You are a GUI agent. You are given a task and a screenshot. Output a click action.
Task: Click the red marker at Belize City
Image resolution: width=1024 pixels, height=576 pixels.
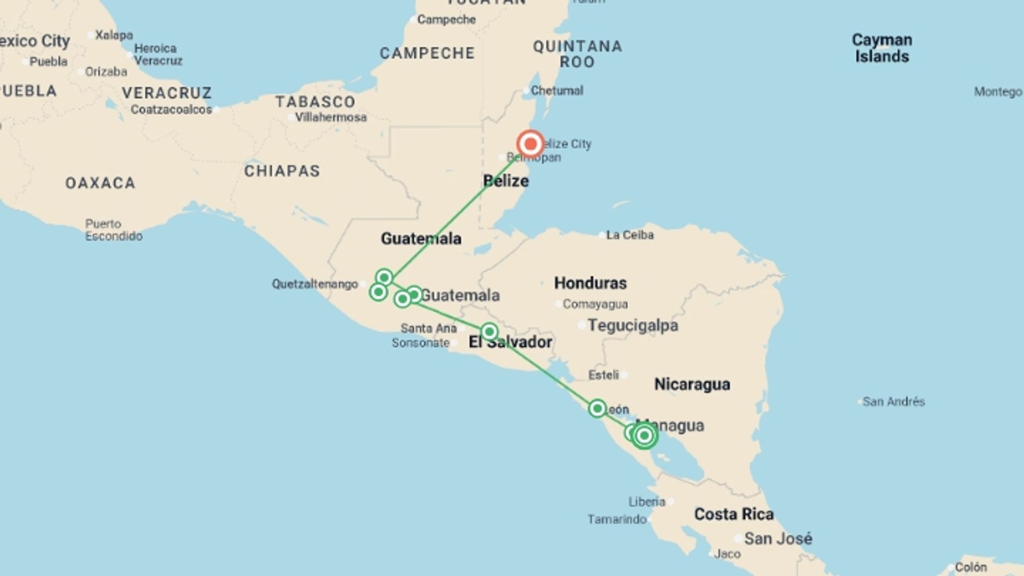click(x=530, y=144)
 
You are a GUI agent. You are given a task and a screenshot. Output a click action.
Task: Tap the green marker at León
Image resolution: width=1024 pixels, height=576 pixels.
click(x=597, y=409)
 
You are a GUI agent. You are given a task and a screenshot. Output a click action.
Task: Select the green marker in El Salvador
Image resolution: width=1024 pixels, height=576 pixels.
click(x=489, y=332)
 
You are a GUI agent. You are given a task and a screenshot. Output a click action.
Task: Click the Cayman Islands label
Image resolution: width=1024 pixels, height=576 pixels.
click(x=882, y=48)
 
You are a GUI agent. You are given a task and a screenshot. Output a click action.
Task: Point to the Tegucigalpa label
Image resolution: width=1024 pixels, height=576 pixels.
click(x=633, y=325)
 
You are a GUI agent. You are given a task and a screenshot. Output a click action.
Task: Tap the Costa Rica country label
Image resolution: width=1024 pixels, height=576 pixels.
click(x=733, y=514)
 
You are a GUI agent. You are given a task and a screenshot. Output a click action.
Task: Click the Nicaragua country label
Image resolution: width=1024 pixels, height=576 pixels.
click(x=692, y=384)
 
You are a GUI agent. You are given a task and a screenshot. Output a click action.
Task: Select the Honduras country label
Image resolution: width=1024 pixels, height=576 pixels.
click(x=590, y=283)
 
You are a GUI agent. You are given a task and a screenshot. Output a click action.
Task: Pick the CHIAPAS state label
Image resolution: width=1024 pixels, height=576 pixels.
click(x=282, y=171)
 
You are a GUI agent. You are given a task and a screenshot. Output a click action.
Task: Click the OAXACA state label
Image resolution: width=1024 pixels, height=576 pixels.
click(x=100, y=183)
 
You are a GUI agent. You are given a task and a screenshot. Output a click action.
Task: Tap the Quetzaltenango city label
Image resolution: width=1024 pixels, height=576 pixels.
click(x=315, y=284)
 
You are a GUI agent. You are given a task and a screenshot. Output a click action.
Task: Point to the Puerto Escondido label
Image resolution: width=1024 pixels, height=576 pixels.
click(x=114, y=230)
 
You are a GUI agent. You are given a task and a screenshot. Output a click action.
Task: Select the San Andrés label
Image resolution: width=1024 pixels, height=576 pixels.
click(x=893, y=402)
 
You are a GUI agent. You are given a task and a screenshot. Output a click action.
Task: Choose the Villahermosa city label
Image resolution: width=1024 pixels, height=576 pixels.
click(x=331, y=117)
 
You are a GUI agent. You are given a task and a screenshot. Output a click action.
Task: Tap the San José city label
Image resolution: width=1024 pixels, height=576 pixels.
click(x=778, y=539)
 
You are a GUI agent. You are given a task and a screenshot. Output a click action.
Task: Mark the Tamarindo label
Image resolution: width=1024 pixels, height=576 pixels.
click(x=617, y=519)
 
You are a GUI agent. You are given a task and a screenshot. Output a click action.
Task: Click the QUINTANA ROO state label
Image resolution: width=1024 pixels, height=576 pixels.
click(x=578, y=54)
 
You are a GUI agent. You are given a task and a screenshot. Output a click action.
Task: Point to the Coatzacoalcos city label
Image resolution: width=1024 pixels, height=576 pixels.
click(x=171, y=110)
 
